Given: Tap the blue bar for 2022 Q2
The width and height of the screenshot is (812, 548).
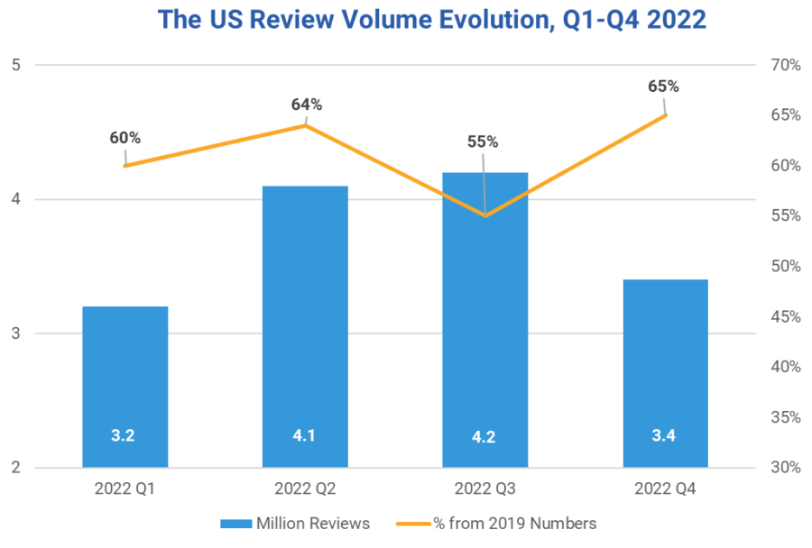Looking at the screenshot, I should (x=305, y=324).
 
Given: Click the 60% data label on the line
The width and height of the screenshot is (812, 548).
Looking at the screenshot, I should (x=125, y=138).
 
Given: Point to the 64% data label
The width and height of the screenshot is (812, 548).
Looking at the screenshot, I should (x=306, y=105).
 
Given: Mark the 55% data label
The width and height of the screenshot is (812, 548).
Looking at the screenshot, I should (x=483, y=142).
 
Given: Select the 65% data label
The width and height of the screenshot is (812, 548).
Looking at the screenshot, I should (x=663, y=87).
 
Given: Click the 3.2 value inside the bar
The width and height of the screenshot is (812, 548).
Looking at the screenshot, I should (x=125, y=436).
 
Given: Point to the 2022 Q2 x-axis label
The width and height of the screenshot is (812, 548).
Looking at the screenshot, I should (x=305, y=489).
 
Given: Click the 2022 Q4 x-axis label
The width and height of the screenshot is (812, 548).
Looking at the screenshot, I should (x=665, y=489).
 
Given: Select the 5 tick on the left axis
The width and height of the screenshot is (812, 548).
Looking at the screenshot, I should (x=15, y=65).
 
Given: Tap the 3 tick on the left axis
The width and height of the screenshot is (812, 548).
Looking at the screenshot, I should (x=15, y=333).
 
